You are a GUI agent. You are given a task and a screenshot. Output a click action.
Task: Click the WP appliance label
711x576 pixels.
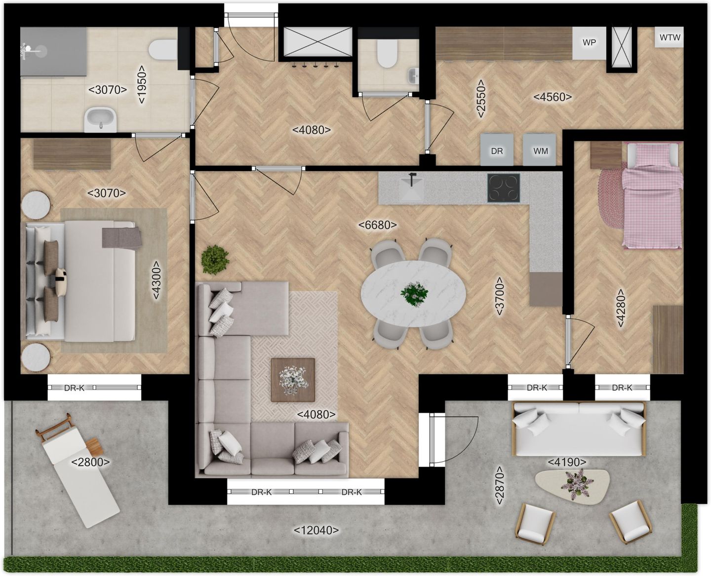pyautogui.click(x=589, y=42)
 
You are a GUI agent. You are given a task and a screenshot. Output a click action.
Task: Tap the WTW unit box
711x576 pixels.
pyautogui.click(x=670, y=37)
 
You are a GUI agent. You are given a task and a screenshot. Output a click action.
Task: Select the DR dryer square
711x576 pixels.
pyautogui.click(x=497, y=150)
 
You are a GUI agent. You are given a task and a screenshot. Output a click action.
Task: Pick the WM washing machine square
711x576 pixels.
pyautogui.click(x=541, y=150)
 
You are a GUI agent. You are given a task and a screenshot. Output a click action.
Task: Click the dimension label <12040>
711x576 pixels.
pyautogui.click(x=316, y=530)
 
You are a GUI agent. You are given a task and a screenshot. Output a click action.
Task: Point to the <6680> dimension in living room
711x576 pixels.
pyautogui.click(x=378, y=225)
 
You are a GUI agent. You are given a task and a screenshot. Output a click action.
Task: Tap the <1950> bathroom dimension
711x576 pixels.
pyautogui.click(x=142, y=84)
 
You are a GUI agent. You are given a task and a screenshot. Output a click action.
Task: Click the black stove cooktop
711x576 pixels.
pyautogui.click(x=504, y=188)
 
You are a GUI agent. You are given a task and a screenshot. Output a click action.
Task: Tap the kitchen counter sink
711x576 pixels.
pyautogui.click(x=412, y=187)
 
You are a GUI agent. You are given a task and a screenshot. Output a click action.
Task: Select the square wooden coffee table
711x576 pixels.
pyautogui.click(x=293, y=379)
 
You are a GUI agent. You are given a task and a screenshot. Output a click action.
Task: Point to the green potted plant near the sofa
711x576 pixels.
pyautogui.click(x=215, y=258)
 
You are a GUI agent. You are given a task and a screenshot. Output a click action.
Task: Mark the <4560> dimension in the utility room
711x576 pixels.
pyautogui.click(x=553, y=97)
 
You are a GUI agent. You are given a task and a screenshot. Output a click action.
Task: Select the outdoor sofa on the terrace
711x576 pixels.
pyautogui.click(x=579, y=429)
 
